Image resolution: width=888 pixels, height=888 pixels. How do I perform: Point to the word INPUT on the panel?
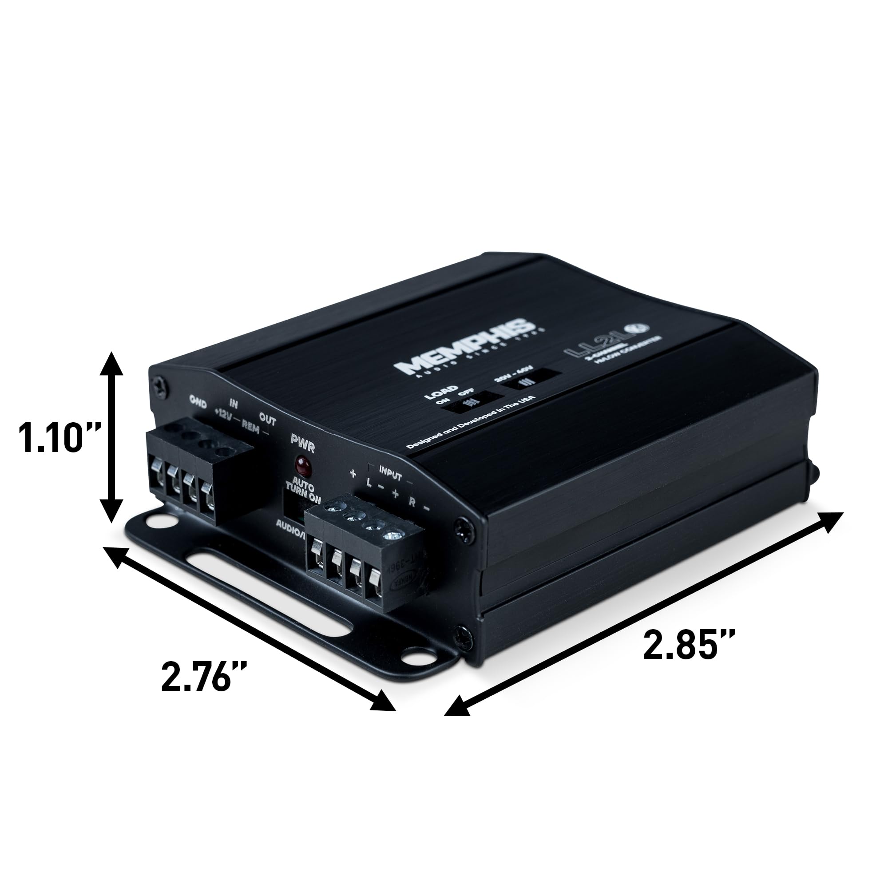390,473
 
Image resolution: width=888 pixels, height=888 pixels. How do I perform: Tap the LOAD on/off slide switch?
471,400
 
